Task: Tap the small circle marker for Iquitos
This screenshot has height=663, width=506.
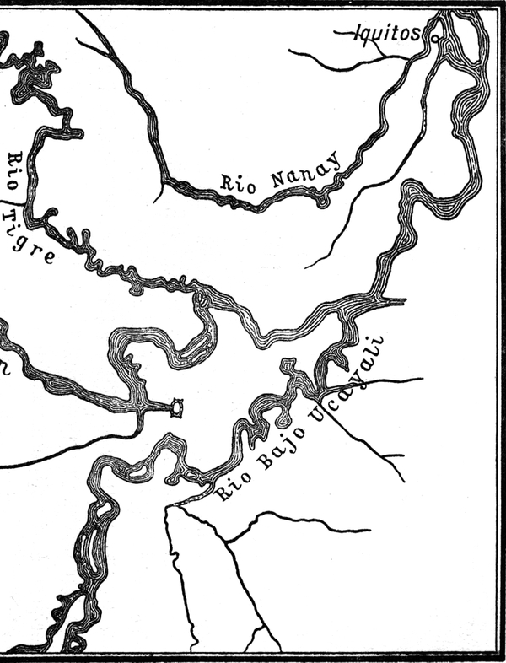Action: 434,38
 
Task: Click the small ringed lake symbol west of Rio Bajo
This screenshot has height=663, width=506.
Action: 176,408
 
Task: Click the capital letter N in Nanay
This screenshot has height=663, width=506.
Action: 278,179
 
